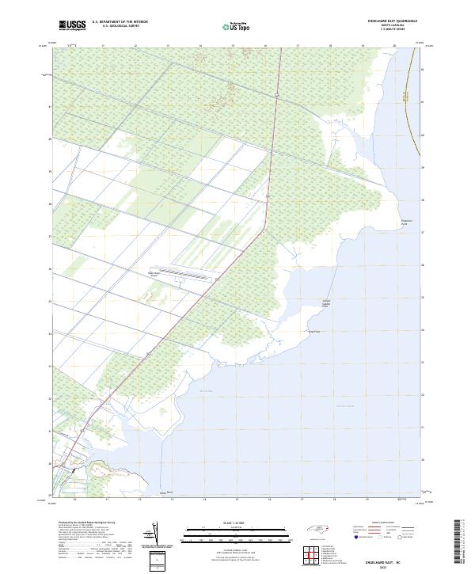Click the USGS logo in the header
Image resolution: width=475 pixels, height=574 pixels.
tap(71, 25)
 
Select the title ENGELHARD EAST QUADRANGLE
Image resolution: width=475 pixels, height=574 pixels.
tap(393, 21)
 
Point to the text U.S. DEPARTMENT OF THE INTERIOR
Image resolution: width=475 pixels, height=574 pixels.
tap(120, 22)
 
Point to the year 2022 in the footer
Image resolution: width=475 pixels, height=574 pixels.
tap(393, 567)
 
